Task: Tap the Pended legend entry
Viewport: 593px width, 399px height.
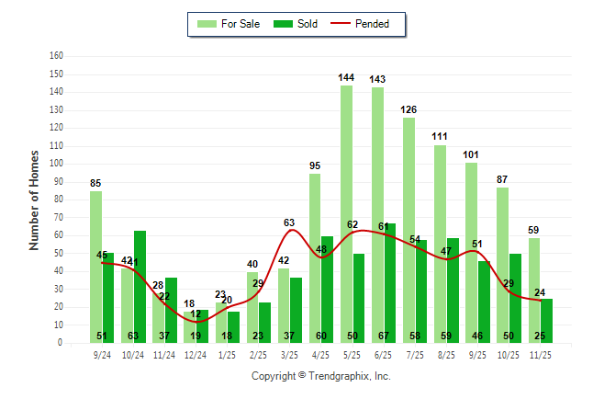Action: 372,24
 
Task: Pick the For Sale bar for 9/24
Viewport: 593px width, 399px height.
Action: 95,267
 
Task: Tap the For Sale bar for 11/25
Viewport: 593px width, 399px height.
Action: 534,290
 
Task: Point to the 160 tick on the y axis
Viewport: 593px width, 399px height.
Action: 56,56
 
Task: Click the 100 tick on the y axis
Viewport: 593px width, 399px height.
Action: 56,164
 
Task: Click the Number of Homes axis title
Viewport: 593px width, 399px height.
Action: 35,199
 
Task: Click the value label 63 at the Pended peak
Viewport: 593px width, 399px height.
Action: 289,222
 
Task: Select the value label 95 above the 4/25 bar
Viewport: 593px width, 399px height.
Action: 315,165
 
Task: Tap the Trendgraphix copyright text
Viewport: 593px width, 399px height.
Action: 321,376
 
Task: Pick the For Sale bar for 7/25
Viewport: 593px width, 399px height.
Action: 408,230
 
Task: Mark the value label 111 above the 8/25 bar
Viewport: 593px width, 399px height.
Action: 441,137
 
